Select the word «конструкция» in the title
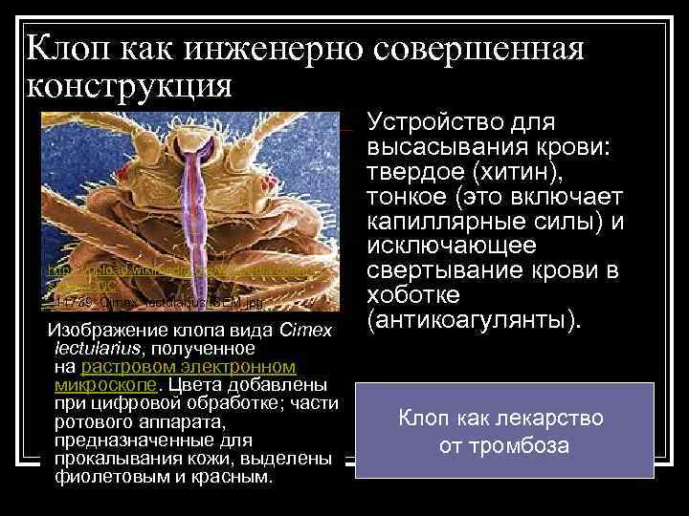[x=129, y=86]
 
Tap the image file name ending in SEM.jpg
[x=153, y=302]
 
